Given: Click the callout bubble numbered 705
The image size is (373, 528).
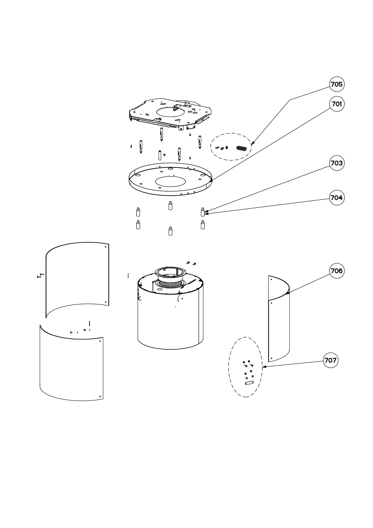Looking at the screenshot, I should tap(337, 84).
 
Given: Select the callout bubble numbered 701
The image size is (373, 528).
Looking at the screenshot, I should tap(337, 104).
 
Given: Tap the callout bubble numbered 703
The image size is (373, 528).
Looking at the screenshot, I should tap(337, 163).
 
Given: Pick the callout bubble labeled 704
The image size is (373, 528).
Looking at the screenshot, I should tap(337, 198).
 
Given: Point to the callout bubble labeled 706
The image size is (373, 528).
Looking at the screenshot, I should tap(337, 271).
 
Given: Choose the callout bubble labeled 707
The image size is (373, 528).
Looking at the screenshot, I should tap(330, 360).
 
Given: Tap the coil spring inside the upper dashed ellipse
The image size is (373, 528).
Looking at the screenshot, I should tap(241, 149).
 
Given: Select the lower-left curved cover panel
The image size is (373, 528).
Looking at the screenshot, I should tap(71, 365).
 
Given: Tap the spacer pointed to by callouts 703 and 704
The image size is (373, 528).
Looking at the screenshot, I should tap(202, 212).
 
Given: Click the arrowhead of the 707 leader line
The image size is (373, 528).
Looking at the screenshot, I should tap(263, 367).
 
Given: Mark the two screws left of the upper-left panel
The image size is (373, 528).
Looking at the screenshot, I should tap(40, 275).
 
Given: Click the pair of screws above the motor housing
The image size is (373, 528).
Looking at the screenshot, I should tap(191, 263).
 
